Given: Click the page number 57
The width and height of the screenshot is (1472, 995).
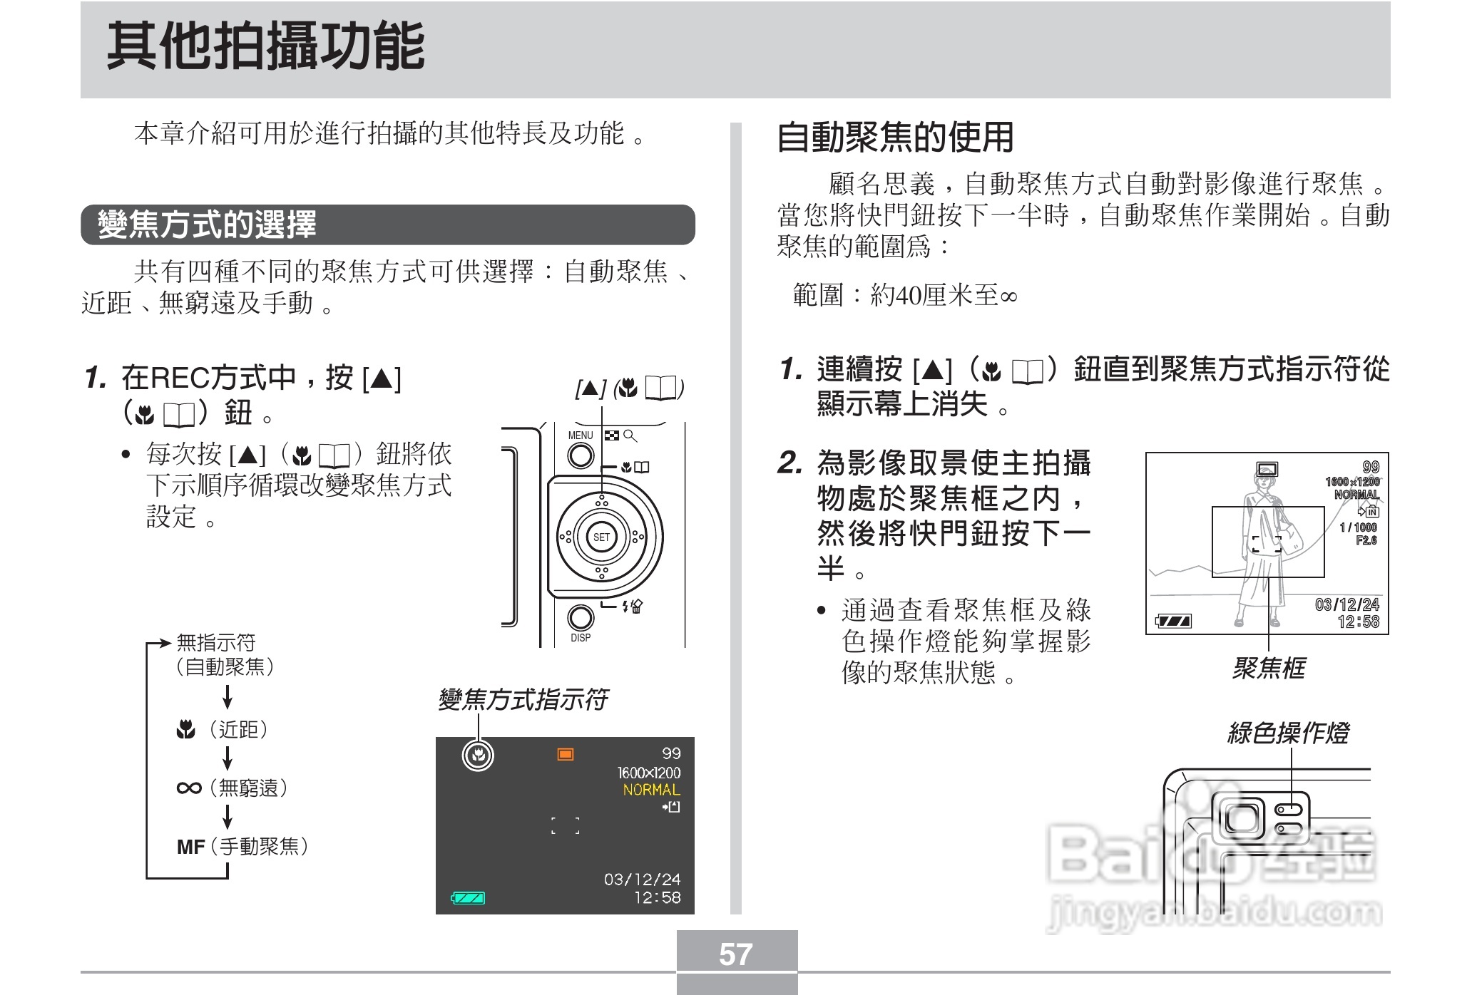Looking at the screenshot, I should pos(736,954).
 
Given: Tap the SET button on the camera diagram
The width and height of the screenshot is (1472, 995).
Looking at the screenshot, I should pos(601,537).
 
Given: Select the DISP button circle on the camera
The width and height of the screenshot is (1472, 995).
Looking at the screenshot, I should pos(581,618).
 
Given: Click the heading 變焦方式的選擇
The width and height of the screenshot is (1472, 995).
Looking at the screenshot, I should pos(207,225).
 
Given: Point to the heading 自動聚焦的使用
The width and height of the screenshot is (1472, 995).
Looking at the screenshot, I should pos(894,138).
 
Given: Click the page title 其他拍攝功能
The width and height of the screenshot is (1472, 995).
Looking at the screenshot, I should pos(265,47).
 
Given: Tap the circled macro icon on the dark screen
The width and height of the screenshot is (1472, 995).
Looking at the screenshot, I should pos(478,756).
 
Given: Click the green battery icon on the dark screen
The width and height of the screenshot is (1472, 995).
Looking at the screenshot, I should pos(469,898).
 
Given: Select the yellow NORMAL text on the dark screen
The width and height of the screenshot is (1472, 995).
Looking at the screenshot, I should pos(651,790).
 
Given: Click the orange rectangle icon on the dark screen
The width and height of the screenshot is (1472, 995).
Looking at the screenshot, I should pos(566,754).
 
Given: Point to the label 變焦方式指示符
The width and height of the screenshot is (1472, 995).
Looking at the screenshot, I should pos(523,699).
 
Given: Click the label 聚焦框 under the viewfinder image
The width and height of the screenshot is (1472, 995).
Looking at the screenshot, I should pos(1269,669).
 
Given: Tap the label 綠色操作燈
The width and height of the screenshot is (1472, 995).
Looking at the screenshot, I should pos(1288,733).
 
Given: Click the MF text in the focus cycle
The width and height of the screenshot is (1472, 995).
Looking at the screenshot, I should pos(190,847).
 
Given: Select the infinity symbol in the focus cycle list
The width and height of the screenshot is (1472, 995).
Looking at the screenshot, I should pos(189,788).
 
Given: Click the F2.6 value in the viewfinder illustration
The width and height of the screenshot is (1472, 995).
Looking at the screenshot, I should pos(1366,540).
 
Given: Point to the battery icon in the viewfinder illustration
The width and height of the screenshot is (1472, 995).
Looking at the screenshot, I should pos(1173,622).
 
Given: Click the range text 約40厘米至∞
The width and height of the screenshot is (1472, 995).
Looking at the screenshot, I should pos(943,295).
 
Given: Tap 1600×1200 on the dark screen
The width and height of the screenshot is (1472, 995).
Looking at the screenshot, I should pos(648,773).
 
